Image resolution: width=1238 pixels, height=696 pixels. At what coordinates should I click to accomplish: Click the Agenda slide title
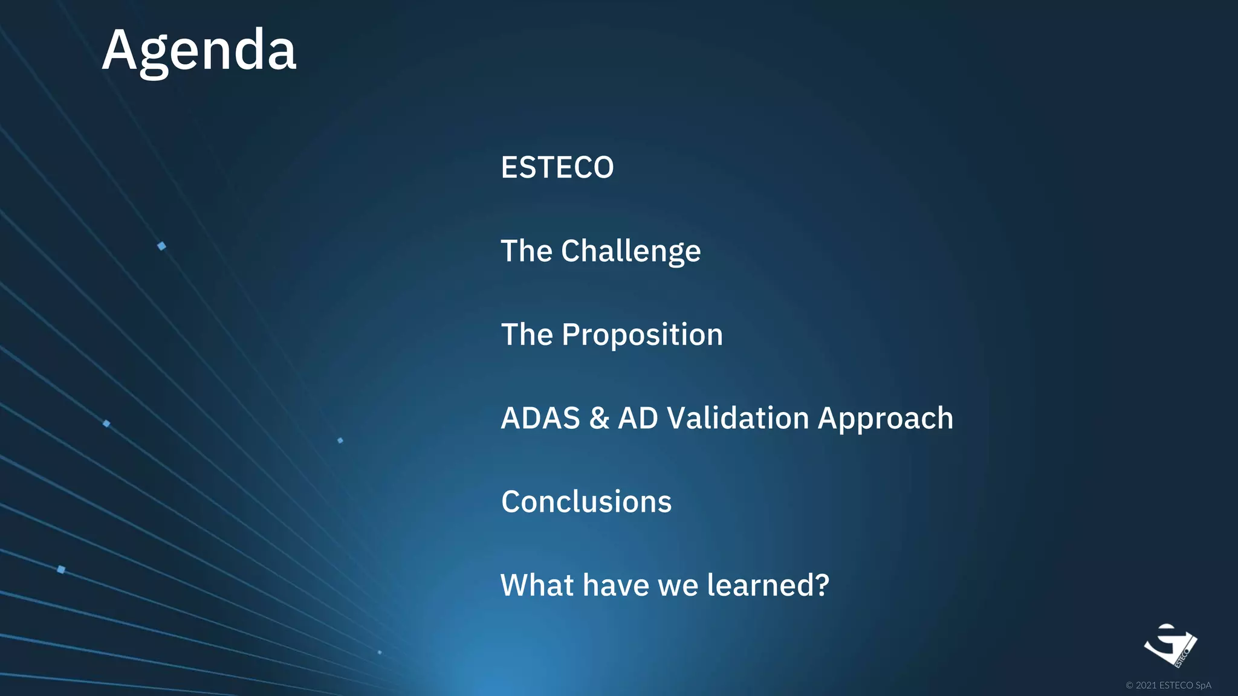pyautogui.click(x=199, y=51)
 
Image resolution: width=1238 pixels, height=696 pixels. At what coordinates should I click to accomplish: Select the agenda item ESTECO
pyautogui.click(x=557, y=167)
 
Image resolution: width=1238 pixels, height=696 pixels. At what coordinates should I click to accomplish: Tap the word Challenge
pyautogui.click(x=630, y=251)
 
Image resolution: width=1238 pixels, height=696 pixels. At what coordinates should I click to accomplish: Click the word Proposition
pyautogui.click(x=642, y=335)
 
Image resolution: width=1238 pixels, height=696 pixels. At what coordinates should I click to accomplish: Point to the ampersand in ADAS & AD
pyautogui.click(x=598, y=418)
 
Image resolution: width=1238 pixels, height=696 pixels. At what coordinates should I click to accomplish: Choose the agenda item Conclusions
pyautogui.click(x=586, y=502)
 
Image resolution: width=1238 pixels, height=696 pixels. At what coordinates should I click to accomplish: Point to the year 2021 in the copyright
pyautogui.click(x=1146, y=685)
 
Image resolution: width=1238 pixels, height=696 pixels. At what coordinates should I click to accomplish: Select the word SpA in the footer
pyautogui.click(x=1203, y=685)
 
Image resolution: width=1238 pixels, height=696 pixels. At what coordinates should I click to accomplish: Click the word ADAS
pyautogui.click(x=540, y=418)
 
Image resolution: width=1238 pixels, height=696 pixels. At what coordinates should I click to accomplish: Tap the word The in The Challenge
pyautogui.click(x=527, y=251)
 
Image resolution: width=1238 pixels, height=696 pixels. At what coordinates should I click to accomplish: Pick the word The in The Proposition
pyautogui.click(x=527, y=335)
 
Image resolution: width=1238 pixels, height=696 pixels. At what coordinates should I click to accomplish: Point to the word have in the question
pyautogui.click(x=615, y=585)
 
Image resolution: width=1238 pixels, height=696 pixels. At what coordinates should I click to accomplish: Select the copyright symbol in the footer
pyautogui.click(x=1129, y=685)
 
